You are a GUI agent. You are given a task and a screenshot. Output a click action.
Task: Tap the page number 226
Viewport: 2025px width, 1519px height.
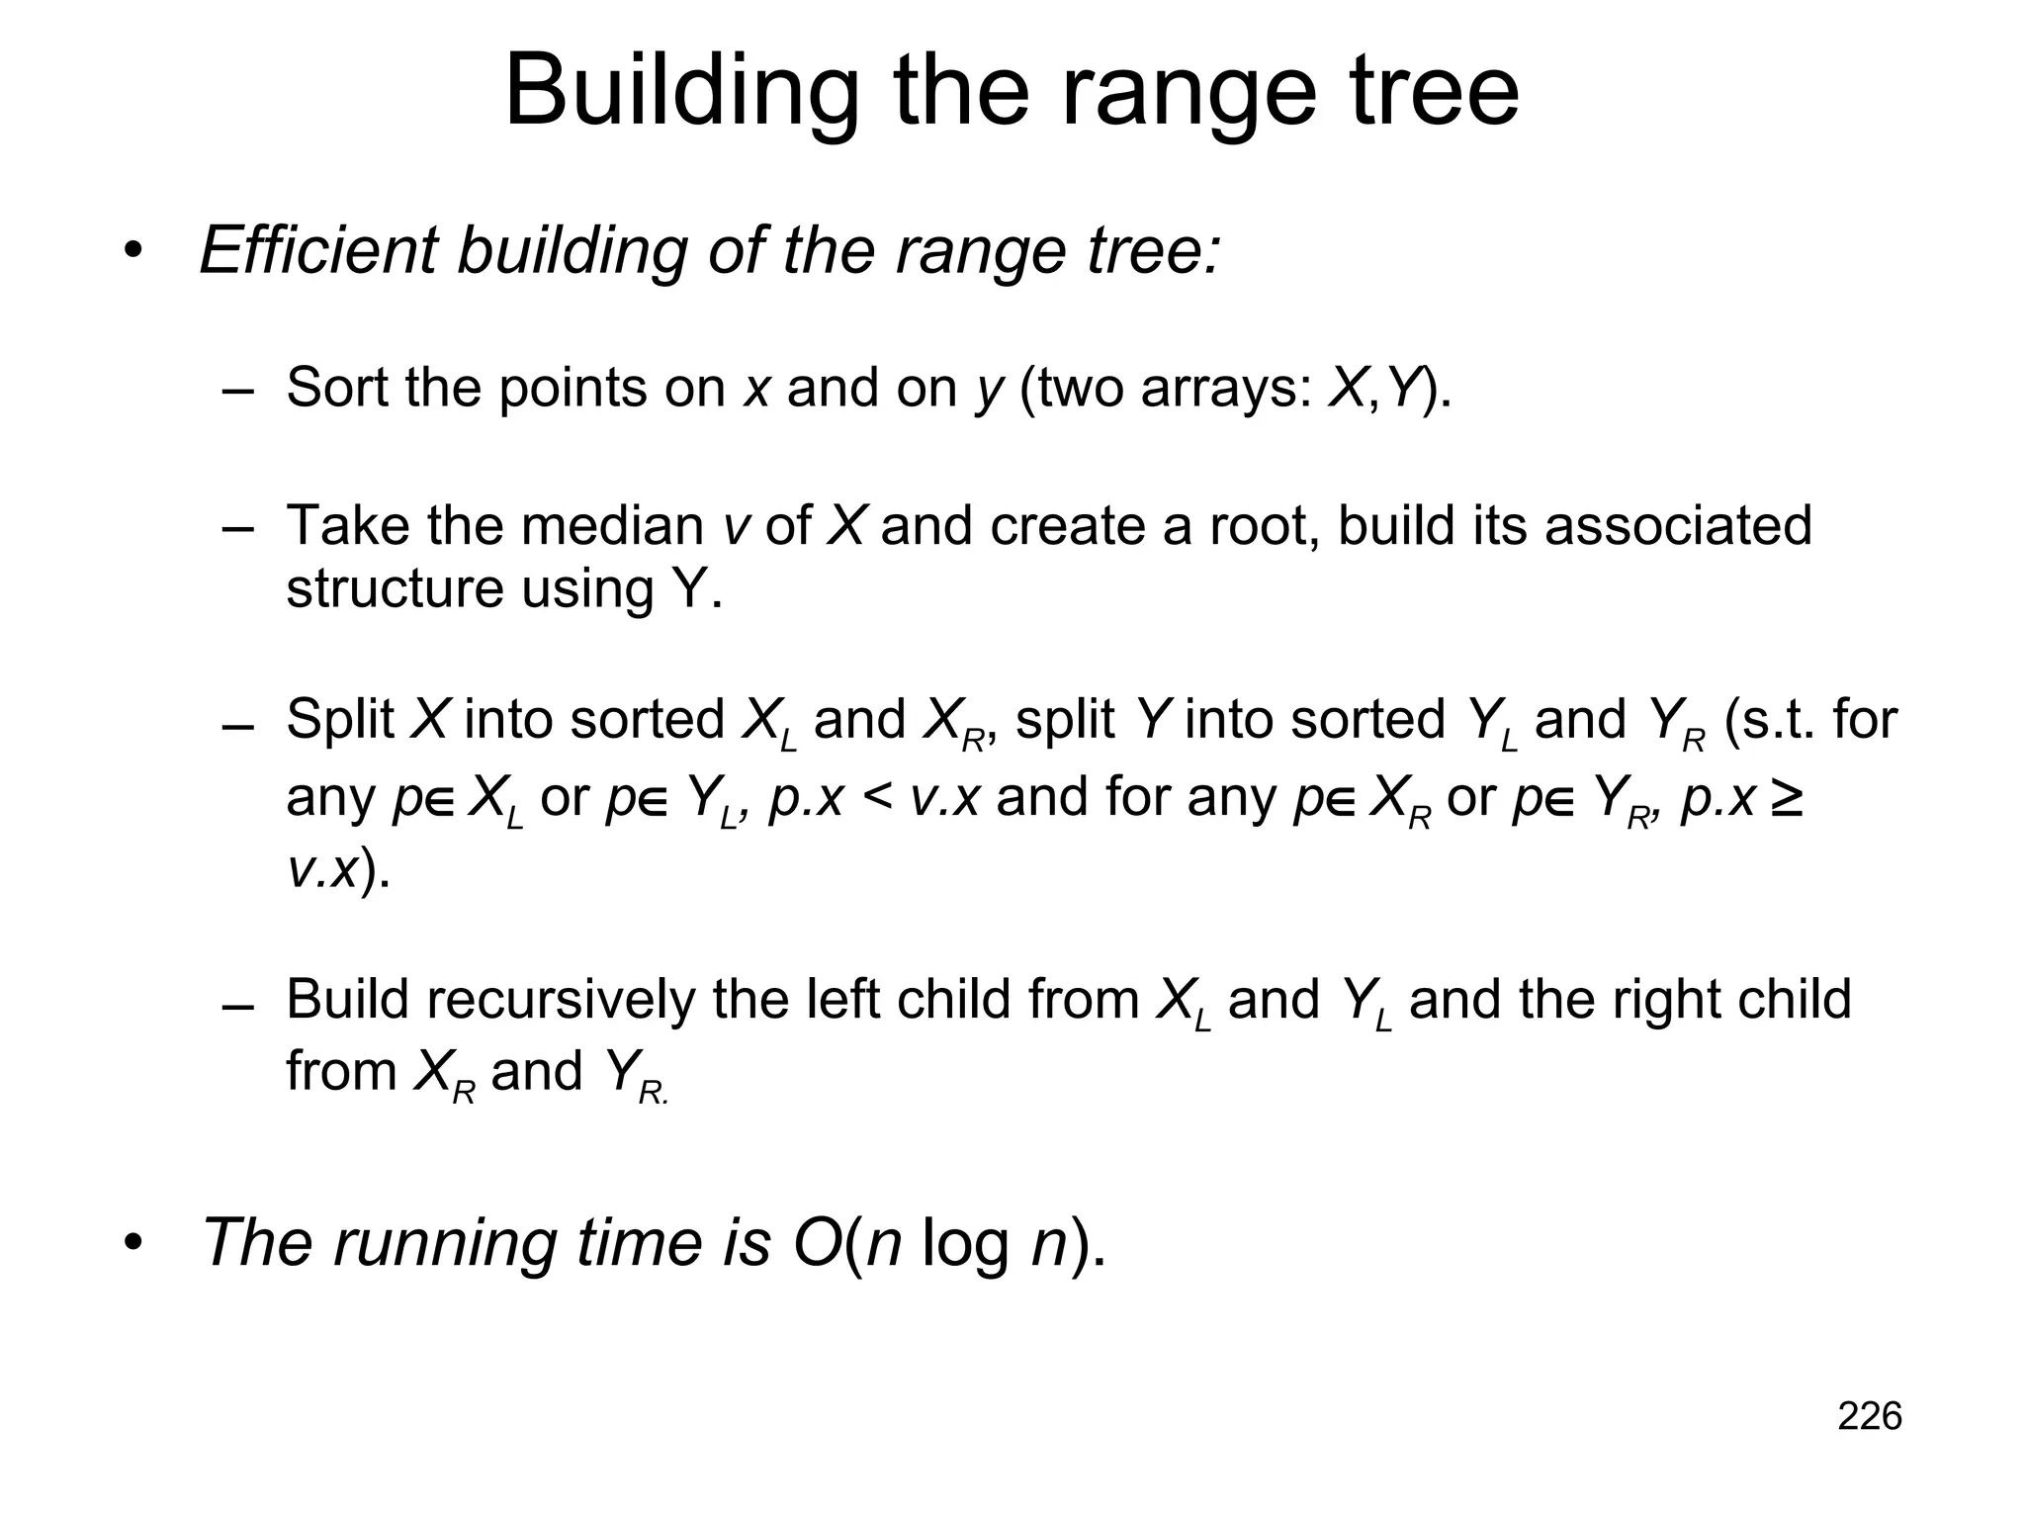pyautogui.click(x=1869, y=1416)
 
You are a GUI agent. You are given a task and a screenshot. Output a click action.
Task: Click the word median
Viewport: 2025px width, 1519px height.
pyautogui.click(x=612, y=525)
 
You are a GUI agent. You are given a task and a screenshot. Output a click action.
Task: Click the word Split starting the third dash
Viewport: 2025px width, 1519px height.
pyautogui.click(x=339, y=720)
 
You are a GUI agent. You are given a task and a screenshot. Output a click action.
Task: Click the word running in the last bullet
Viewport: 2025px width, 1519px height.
pyautogui.click(x=444, y=1243)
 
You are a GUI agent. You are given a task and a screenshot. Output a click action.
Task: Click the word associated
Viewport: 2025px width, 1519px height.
pyautogui.click(x=1677, y=525)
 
